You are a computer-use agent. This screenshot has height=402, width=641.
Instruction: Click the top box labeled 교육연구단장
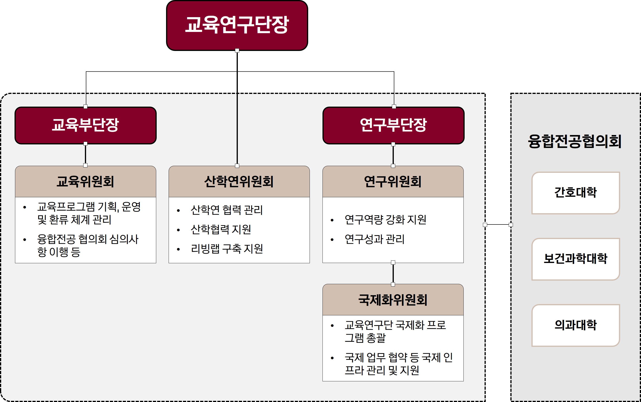(x=237, y=26)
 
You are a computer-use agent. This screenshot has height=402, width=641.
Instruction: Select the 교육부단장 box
(x=86, y=125)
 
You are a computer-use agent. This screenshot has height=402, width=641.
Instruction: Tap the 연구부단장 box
(x=393, y=125)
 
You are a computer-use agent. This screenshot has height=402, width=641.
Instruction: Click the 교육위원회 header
(x=86, y=182)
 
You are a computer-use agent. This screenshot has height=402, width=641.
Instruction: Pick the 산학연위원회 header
(x=239, y=182)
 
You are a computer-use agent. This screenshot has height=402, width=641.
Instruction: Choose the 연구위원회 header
(x=393, y=182)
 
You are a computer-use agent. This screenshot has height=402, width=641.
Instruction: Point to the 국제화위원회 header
(x=393, y=300)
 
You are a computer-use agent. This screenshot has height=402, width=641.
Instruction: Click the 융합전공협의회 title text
(x=575, y=141)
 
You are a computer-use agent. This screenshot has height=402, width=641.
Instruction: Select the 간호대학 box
(x=576, y=193)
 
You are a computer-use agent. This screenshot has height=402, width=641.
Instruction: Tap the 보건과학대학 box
(x=576, y=259)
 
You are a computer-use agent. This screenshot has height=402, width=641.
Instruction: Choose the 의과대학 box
(x=576, y=325)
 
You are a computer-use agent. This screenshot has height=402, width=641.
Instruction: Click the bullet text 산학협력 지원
(x=221, y=229)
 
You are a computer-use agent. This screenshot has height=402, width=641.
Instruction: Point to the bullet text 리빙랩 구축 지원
(x=227, y=249)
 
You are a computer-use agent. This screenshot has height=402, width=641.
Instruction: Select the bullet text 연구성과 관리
(x=374, y=239)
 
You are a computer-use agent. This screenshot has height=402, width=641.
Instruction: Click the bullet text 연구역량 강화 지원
(x=385, y=220)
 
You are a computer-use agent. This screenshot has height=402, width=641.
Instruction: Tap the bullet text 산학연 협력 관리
(x=227, y=210)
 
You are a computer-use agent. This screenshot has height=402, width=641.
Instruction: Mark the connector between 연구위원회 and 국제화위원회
(x=393, y=273)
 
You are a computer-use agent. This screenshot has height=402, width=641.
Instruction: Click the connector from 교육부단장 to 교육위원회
(x=86, y=155)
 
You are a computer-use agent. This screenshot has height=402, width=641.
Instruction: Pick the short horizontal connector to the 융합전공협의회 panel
(x=498, y=225)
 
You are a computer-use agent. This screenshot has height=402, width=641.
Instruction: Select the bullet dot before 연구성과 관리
(x=332, y=240)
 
